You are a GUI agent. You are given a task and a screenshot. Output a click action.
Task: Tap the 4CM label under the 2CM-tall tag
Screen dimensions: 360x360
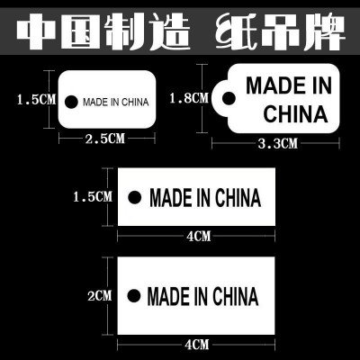[x=196, y=344]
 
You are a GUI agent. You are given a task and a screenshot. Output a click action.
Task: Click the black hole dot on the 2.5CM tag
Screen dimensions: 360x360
[x=73, y=101]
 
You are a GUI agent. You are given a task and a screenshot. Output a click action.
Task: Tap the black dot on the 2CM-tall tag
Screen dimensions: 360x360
[x=133, y=295]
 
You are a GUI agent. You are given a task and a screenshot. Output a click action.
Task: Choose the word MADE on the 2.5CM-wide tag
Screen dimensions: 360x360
[x=93, y=101]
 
